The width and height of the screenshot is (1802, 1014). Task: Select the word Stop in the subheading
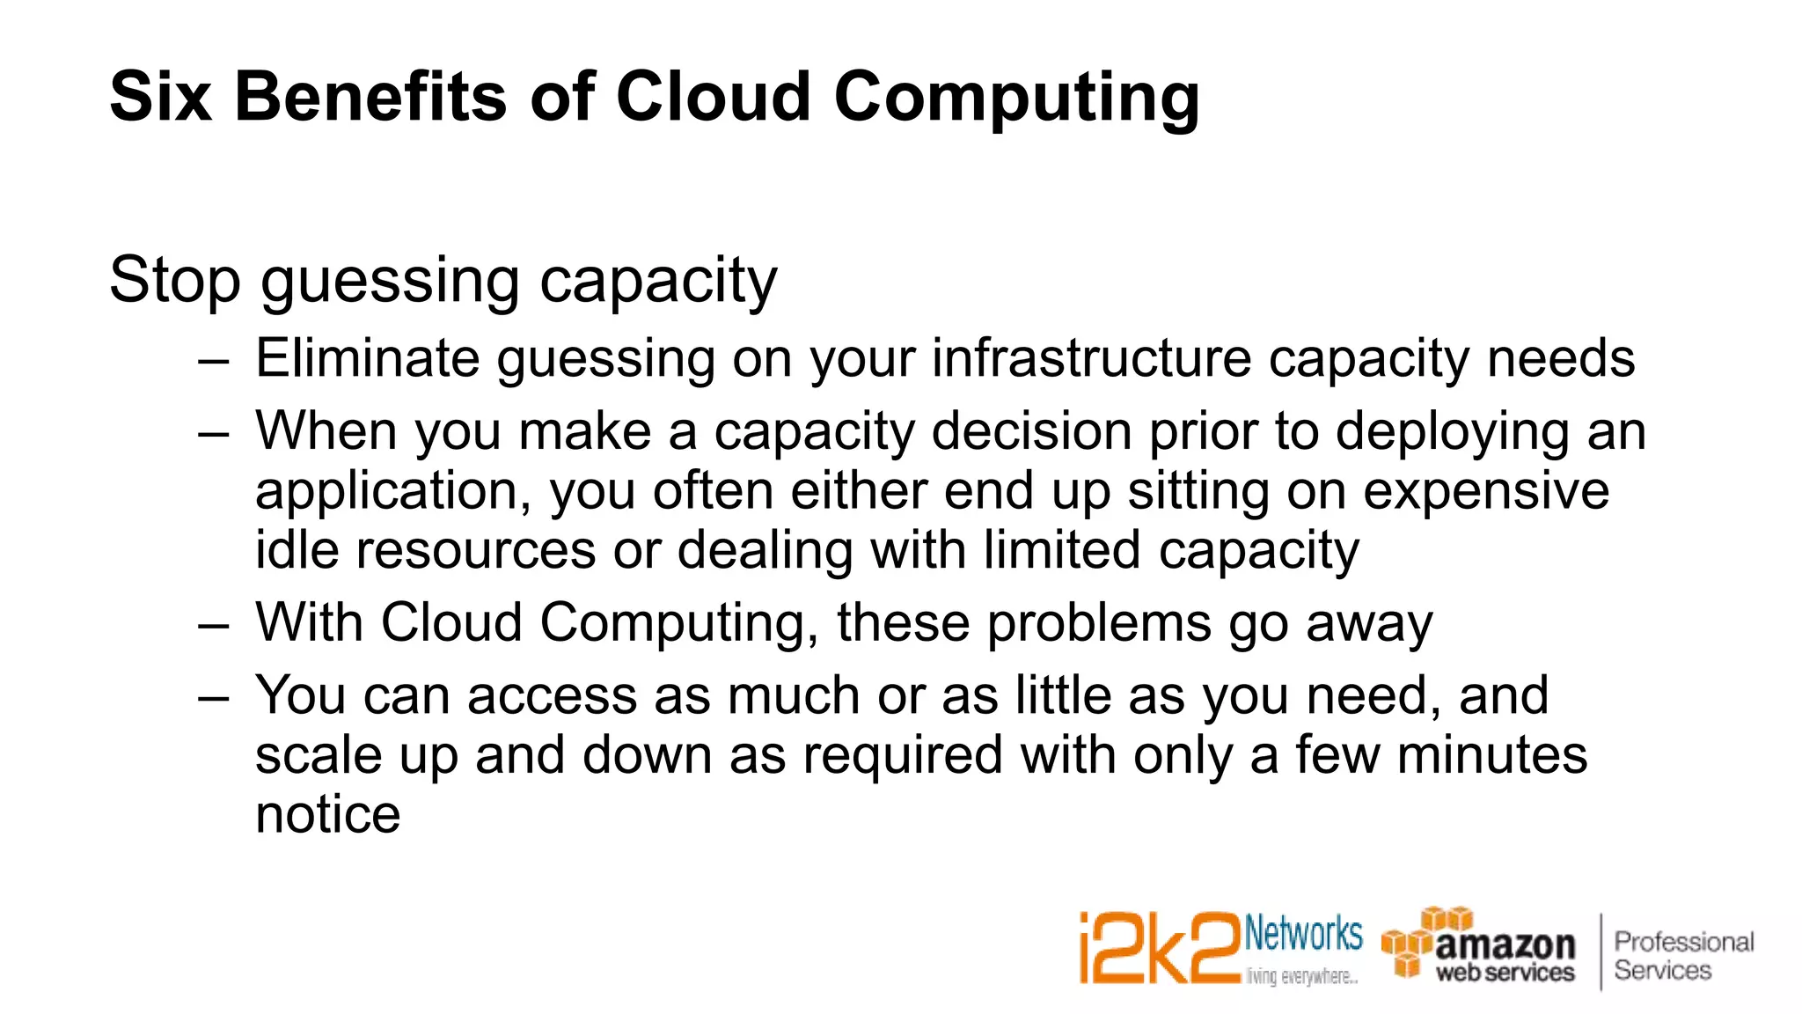pyautogui.click(x=174, y=280)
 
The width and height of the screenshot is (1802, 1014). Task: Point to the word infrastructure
pyautogui.click(x=1090, y=358)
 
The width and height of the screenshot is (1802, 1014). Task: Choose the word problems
pyautogui.click(x=1099, y=624)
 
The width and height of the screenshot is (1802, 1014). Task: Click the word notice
pyautogui.click(x=327, y=814)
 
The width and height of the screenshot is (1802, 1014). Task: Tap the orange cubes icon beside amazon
pyautogui.click(x=1417, y=940)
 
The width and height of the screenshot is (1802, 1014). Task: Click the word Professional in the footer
pyautogui.click(x=1683, y=942)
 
